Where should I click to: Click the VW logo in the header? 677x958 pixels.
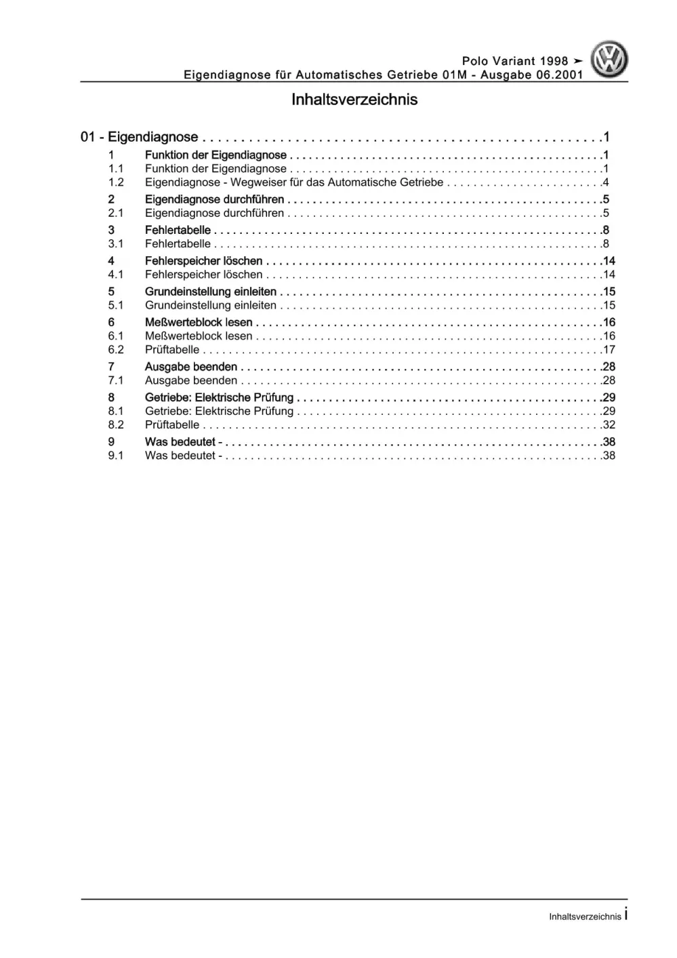click(609, 60)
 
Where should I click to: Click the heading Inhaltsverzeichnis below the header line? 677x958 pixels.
click(354, 100)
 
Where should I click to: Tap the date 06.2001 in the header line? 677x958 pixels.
click(560, 75)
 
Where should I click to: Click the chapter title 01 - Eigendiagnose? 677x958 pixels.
click(140, 137)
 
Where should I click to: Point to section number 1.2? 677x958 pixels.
click(116, 182)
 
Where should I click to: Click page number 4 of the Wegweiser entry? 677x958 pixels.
click(606, 182)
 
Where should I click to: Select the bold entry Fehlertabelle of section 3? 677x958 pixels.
click(178, 230)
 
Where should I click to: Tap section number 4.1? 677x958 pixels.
click(116, 275)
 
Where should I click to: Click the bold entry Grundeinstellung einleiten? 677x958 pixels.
click(211, 292)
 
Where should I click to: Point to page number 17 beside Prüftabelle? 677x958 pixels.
click(609, 350)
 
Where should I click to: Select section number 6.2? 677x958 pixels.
click(116, 350)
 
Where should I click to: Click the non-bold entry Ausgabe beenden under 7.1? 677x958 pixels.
click(191, 380)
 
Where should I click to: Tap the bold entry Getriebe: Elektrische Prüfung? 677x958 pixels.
click(219, 397)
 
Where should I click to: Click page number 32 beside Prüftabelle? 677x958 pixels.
click(609, 425)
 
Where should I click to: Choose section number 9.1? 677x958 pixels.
click(116, 456)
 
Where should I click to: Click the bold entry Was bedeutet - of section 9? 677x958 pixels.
click(184, 442)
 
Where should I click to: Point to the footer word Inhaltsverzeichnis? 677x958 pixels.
click(585, 917)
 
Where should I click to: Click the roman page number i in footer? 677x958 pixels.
click(626, 915)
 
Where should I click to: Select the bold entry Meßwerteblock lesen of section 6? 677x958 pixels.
click(199, 323)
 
